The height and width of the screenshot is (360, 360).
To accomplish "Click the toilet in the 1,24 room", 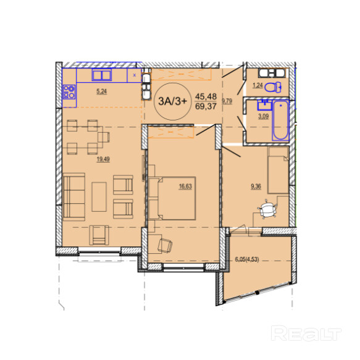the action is (273, 87).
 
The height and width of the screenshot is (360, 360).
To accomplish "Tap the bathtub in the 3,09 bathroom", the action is (280, 120).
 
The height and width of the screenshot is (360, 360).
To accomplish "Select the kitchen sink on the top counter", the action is (102, 75).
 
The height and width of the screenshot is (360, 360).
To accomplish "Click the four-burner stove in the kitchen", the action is (69, 92).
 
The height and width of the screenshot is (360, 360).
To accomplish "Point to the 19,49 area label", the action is (103, 159).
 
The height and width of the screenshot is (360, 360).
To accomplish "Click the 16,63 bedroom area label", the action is (185, 186).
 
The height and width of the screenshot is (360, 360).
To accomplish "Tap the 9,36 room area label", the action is (256, 186).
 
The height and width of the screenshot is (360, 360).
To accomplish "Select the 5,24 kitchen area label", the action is (101, 91).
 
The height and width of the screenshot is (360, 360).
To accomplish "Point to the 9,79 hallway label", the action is (227, 101).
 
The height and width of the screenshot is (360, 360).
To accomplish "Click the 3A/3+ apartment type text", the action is (173, 101).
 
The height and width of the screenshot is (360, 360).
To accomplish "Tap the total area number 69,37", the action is (206, 106).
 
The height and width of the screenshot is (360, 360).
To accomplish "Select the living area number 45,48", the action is (206, 96).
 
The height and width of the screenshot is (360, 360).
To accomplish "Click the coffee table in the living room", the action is (99, 197).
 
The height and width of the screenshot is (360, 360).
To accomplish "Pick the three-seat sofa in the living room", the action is (74, 197).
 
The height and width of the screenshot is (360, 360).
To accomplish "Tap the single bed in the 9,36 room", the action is (278, 170).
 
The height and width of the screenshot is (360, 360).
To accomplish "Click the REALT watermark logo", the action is (306, 333).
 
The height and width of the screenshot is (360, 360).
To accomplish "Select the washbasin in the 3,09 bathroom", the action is (264, 105).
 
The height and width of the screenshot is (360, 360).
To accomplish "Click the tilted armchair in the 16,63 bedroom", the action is (165, 245).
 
